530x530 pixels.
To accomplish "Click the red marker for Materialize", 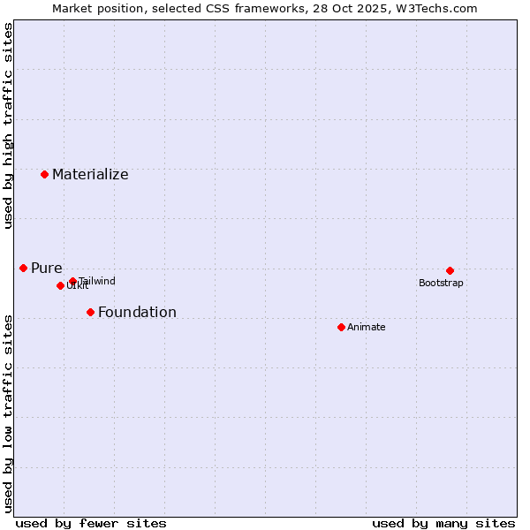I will (x=44, y=174).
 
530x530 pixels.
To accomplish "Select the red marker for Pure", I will (x=23, y=268).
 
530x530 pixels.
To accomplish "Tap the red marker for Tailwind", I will (x=72, y=281).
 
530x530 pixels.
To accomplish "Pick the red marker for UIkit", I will (x=60, y=285).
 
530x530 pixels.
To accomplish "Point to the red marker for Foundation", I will (x=90, y=312).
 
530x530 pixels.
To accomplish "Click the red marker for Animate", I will (x=341, y=327).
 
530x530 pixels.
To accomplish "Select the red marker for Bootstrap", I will (x=450, y=270).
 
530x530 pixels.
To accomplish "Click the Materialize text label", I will (x=90, y=175).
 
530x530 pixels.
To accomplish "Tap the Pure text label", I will (x=47, y=269).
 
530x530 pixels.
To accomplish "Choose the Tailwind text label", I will (x=97, y=282).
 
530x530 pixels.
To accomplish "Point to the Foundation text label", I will (x=137, y=313).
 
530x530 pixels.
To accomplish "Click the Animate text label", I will (x=367, y=328).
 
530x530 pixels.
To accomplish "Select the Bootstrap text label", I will (x=441, y=284).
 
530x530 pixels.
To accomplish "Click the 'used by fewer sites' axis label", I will (x=91, y=524).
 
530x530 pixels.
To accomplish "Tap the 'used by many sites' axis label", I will (x=443, y=524).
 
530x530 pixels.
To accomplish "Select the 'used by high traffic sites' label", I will (x=8, y=126).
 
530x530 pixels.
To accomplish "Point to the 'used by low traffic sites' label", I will (x=8, y=413).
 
